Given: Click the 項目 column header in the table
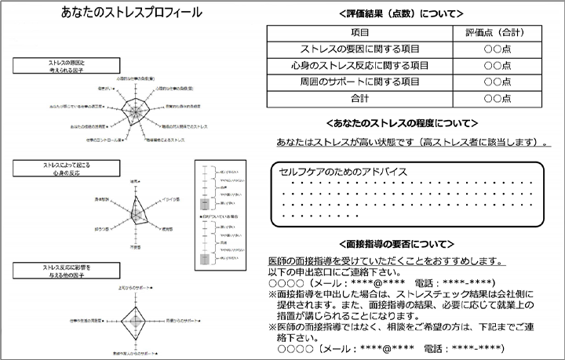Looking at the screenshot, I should pos(360,33).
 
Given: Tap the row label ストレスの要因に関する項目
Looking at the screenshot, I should pos(360,49).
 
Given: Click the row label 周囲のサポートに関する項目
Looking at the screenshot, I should pos(360,82).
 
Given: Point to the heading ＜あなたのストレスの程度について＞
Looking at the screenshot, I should pos(401,123).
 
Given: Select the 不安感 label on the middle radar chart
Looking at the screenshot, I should pos(136,246).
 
